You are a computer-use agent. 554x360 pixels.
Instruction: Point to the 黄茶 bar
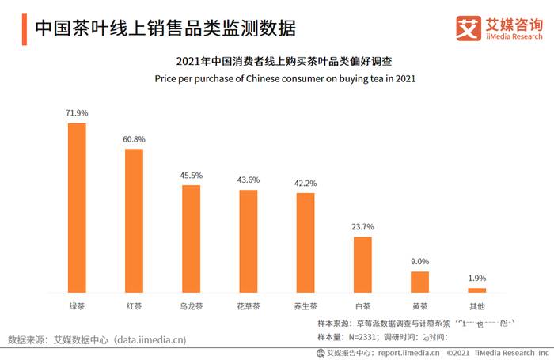pos(419,282)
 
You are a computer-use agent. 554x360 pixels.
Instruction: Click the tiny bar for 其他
pos(476,290)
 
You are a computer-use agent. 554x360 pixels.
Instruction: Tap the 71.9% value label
pos(77,113)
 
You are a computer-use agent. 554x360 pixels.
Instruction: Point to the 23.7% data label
pos(362,227)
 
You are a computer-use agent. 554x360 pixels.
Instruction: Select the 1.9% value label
pos(476,278)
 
